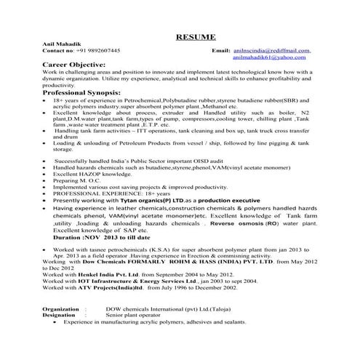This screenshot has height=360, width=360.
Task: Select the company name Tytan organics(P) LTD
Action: (x=148, y=200)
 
